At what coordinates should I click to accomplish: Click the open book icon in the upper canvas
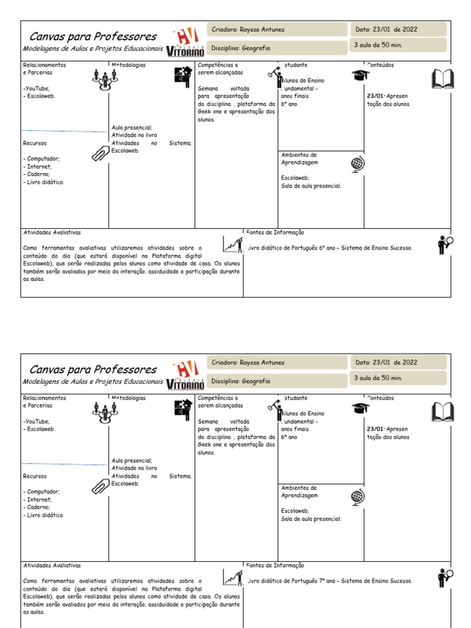click(442, 79)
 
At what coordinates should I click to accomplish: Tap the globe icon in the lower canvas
click(358, 497)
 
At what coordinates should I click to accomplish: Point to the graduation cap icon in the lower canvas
click(361, 408)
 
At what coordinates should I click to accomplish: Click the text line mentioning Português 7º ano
click(330, 581)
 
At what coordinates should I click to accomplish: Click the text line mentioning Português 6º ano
click(330, 248)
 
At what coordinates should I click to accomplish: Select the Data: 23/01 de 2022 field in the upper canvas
click(398, 29)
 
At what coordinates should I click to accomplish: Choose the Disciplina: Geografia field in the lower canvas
click(277, 381)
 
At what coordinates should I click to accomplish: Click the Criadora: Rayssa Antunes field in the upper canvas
click(277, 29)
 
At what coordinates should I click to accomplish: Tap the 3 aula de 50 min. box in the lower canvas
click(398, 378)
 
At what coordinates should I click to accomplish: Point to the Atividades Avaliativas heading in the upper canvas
click(52, 233)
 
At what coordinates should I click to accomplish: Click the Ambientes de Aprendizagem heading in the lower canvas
click(299, 491)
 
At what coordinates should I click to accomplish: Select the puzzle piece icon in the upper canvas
click(183, 77)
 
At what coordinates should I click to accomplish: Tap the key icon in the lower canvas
click(274, 407)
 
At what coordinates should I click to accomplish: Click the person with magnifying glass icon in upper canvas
click(445, 245)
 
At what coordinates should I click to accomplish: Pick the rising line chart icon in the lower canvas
click(231, 576)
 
